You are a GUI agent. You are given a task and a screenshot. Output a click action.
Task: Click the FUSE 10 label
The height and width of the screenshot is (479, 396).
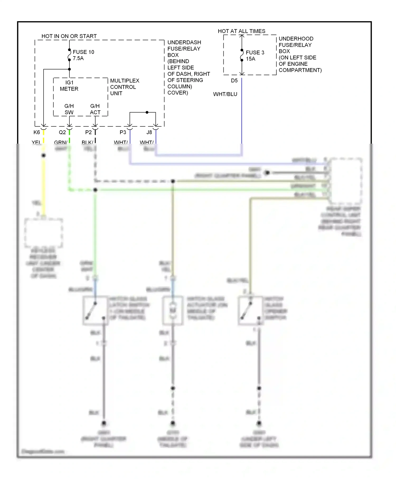83,52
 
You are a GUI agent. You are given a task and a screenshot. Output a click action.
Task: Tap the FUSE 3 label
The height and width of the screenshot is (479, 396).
255,53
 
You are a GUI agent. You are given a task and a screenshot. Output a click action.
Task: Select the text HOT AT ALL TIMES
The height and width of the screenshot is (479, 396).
241,31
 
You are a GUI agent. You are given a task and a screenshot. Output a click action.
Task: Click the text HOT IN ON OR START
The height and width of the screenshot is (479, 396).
69,36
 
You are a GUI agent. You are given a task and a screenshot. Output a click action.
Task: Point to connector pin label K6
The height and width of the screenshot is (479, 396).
37,132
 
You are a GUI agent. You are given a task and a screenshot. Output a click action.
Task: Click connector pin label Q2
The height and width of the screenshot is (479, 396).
62,132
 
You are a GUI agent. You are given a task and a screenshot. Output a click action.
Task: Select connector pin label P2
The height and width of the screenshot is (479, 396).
88,132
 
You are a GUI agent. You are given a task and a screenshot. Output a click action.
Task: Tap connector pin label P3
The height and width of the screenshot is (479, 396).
123,132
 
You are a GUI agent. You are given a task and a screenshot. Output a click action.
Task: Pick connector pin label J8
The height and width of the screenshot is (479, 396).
149,132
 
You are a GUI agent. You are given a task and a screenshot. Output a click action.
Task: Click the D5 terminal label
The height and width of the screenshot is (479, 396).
234,81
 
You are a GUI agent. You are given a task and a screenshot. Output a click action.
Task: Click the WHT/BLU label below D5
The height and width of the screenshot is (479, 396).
225,94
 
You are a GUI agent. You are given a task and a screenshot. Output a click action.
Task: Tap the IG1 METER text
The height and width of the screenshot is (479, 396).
69,86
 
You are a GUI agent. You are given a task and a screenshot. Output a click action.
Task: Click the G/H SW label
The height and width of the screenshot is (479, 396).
69,109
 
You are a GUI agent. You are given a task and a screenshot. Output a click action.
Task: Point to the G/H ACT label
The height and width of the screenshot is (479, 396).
95,109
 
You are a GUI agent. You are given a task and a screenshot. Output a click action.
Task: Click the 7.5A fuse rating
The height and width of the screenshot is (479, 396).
78,58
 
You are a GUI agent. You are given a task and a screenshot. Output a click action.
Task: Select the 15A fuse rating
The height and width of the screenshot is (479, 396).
251,59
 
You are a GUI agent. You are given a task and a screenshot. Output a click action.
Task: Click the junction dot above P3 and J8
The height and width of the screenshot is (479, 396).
147,112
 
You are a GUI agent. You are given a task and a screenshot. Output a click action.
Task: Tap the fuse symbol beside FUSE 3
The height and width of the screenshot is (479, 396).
242,55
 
